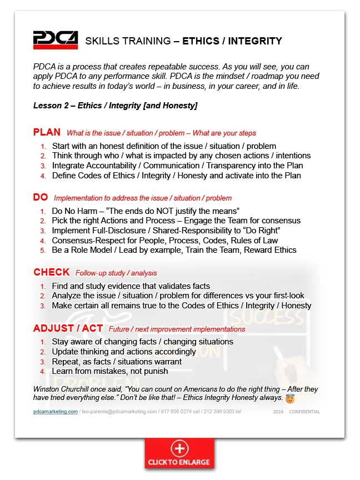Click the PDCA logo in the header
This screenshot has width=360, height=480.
[55, 40]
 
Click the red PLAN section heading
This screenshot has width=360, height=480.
[47, 132]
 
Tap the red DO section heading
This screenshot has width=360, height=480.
[41, 197]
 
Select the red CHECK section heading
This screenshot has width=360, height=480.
[51, 272]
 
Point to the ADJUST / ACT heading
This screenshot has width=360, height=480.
[68, 328]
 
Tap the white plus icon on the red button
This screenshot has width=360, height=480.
[179, 448]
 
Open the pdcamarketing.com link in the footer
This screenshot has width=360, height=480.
[55, 412]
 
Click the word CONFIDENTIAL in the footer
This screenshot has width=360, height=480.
[304, 412]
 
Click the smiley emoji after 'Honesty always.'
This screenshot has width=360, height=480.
[289, 398]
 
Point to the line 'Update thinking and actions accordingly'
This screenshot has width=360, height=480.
[123, 352]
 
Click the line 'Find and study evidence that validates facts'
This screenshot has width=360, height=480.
[131, 286]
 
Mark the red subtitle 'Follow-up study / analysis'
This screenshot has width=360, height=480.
[116, 273]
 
